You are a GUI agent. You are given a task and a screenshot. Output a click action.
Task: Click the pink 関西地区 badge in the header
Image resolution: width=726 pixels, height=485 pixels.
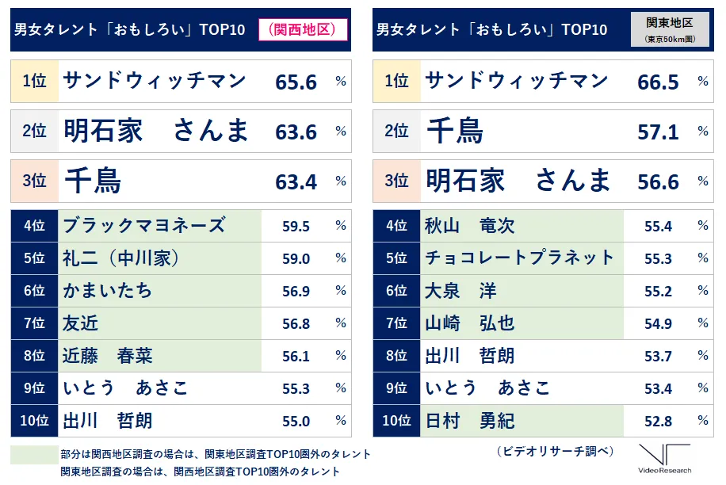(297, 29)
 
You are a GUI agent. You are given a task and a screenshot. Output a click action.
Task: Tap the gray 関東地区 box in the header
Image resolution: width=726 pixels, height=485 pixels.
(670, 29)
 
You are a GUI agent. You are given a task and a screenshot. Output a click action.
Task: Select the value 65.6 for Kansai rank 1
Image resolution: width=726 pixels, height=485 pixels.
(296, 82)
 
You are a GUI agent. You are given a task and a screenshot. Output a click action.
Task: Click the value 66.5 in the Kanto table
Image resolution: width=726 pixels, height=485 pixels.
(658, 82)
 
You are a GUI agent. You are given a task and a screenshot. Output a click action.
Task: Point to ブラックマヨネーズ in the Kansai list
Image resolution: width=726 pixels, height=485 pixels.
(143, 225)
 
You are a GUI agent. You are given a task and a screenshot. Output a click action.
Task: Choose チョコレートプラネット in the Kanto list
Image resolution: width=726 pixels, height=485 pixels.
(519, 258)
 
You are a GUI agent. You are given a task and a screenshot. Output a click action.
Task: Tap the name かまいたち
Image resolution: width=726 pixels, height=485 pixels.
(108, 291)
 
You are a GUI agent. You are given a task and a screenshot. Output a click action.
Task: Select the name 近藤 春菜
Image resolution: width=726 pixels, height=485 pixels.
(108, 356)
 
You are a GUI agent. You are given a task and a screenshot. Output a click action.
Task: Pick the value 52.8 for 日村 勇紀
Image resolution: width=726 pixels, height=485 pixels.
(658, 421)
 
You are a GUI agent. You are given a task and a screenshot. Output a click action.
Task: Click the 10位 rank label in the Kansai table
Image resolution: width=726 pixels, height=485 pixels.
(34, 421)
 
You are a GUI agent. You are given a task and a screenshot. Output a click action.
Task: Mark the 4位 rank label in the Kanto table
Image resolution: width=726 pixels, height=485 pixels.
(396, 226)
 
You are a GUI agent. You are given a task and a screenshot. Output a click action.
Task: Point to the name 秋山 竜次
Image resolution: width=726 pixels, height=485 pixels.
(470, 226)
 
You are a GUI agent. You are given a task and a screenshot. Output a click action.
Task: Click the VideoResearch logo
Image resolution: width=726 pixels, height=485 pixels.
(664, 460)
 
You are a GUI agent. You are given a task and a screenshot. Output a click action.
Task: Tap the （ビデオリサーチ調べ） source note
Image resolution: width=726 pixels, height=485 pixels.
(556, 452)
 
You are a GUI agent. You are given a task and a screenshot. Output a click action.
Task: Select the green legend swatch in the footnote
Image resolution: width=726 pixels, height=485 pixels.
(33, 455)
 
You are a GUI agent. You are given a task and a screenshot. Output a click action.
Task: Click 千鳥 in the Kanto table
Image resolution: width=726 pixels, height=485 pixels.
(455, 132)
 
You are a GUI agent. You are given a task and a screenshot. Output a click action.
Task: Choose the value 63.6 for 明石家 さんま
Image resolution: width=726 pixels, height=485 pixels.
(296, 132)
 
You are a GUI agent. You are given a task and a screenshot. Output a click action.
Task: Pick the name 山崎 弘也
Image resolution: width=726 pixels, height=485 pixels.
(470, 323)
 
